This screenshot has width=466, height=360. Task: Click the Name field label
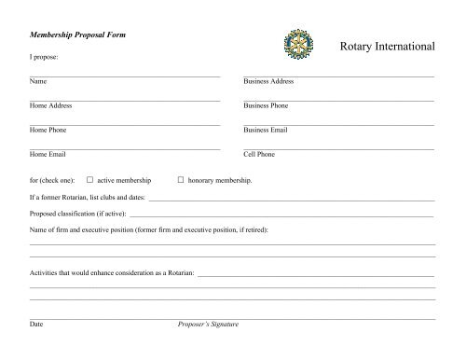38,82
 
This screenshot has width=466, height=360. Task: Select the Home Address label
51,106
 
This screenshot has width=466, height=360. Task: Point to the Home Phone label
48,131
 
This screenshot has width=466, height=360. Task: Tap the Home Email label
48,154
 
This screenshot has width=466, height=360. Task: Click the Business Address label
268,82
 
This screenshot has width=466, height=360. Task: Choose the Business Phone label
266,106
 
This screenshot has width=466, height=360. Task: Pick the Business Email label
266,131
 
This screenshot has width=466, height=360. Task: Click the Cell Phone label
259,154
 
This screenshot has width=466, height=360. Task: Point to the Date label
36,324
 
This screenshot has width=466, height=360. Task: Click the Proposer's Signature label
208,324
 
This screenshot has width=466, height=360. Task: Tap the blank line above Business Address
338,74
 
